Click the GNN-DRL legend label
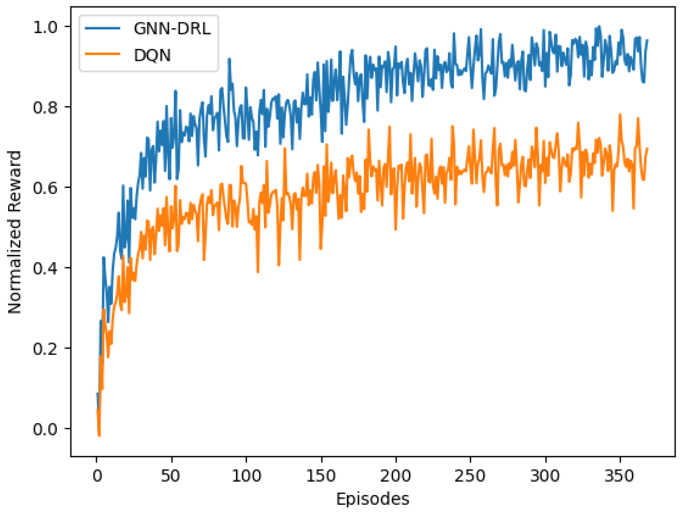pos(172,29)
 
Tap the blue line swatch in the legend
pos(103,28)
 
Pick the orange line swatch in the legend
pos(103,54)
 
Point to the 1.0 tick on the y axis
pos(45,27)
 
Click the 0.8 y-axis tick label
pos(45,108)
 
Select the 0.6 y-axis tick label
pos(45,188)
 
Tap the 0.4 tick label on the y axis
pos(45,268)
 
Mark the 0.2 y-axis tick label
pos(45,349)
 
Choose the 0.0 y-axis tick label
pos(45,429)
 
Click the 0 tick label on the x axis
pos(97,476)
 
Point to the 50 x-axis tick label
pos(170,476)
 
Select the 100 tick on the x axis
pos(246,476)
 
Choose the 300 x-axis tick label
pos(545,476)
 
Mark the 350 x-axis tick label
pos(620,476)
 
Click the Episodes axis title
pos(372,499)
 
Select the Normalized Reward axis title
pos(14,232)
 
